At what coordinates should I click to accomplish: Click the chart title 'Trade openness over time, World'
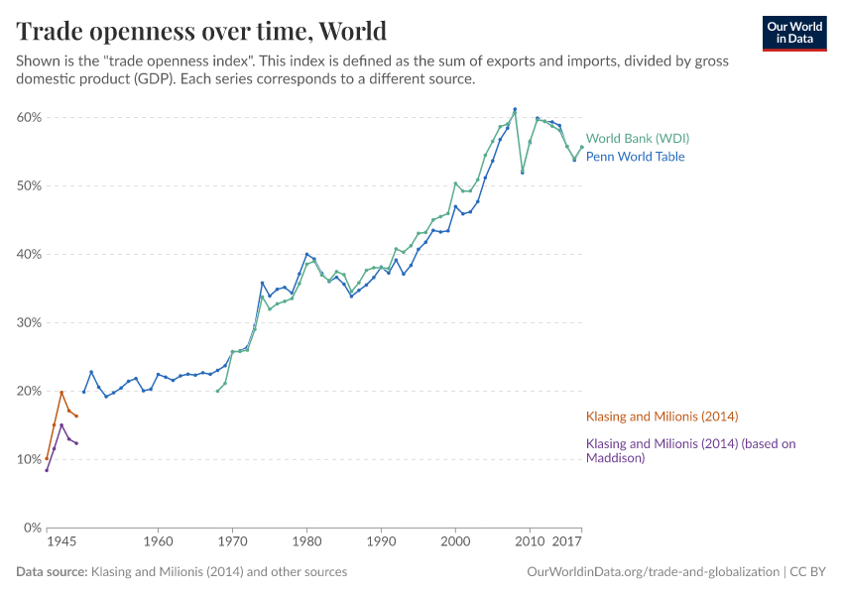[x=201, y=31]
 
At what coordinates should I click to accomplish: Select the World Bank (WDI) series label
[x=637, y=139]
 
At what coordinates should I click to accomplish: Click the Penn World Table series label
[x=635, y=157]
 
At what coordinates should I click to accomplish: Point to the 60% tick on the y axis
[x=28, y=117]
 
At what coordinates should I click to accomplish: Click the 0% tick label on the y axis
[x=32, y=528]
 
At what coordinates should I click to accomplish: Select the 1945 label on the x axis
[x=61, y=543]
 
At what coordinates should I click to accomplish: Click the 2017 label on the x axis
[x=567, y=543]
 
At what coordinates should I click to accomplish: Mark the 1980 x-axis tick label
[x=306, y=543]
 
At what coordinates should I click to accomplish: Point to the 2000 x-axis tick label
[x=455, y=543]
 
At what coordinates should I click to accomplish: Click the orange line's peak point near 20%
[x=61, y=392]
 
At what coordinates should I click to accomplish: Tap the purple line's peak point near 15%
[x=61, y=425]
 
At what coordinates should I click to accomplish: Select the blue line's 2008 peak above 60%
[x=515, y=109]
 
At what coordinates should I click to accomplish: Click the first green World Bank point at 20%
[x=218, y=391]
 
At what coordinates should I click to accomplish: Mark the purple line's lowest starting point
[x=47, y=470]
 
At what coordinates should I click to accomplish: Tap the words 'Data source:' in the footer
[x=52, y=572]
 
